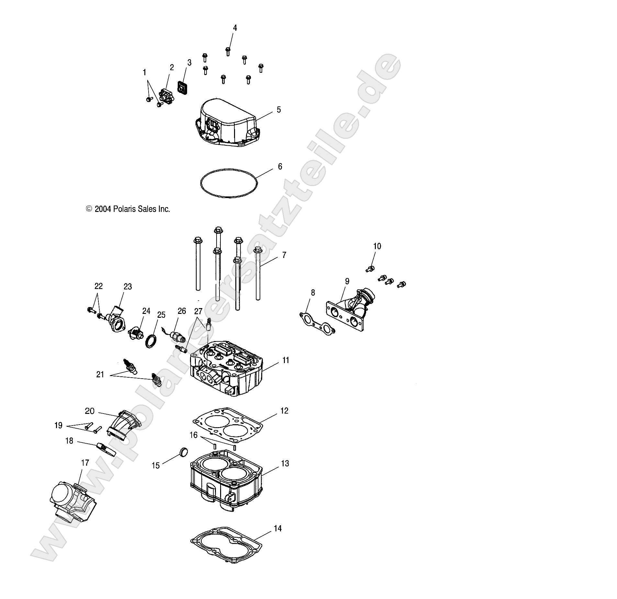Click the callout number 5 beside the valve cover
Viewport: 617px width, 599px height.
279,110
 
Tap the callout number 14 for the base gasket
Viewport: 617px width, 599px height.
277,528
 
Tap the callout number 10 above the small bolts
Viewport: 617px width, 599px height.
377,246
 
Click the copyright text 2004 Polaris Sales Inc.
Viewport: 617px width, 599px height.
128,209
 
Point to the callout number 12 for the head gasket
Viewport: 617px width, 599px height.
284,411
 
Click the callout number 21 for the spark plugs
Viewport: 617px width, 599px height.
100,374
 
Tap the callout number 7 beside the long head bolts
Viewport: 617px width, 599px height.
284,255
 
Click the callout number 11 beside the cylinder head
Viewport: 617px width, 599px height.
286,360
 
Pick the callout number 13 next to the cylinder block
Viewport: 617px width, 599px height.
285,463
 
